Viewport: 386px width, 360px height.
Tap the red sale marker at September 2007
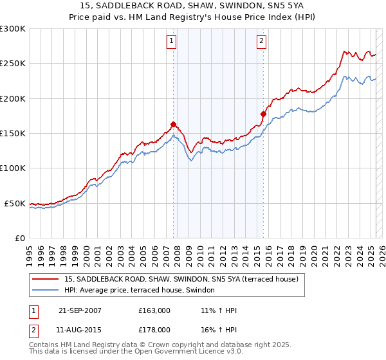pyautogui.click(x=174, y=125)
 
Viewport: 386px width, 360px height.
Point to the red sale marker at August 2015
pyautogui.click(x=263, y=114)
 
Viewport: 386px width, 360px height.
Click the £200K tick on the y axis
pyautogui.click(x=13, y=98)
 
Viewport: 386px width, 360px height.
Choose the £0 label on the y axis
pyautogui.click(x=19, y=238)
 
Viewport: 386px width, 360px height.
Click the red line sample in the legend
pyautogui.click(x=44, y=280)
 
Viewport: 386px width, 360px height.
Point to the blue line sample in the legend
pyautogui.click(x=44, y=291)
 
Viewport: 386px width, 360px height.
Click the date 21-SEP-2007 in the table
pyautogui.click(x=80, y=310)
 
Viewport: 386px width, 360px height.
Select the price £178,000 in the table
pyautogui.click(x=154, y=329)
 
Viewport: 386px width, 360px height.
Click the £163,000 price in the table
pyautogui.click(x=154, y=310)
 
